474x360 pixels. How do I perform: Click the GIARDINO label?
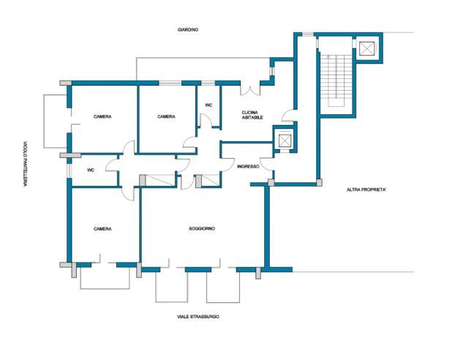coord(188,30)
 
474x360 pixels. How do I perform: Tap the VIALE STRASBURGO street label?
coord(198,317)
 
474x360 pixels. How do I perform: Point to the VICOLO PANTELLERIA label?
coord(26,164)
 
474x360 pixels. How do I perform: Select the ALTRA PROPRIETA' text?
coord(366,190)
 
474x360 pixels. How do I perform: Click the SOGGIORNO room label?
coord(202,228)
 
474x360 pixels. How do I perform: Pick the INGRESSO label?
coord(248,167)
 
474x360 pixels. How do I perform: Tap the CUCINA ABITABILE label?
coord(252,115)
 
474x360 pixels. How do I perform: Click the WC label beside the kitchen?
coord(208,105)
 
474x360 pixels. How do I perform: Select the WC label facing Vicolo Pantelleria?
coord(91,170)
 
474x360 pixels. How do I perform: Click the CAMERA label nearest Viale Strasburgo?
coord(102,229)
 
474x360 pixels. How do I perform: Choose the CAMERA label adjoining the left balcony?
coord(102,116)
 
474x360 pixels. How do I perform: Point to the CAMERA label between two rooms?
coord(166,116)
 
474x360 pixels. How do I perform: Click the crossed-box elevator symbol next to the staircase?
coord(366,49)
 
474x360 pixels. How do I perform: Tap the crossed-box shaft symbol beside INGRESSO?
coord(285,140)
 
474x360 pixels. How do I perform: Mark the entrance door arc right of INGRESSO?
coord(266,165)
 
